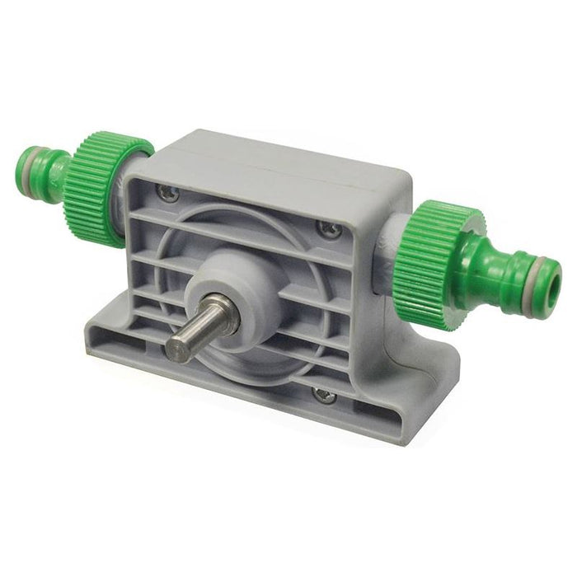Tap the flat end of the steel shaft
(177, 346)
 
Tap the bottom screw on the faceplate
(325, 396)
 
